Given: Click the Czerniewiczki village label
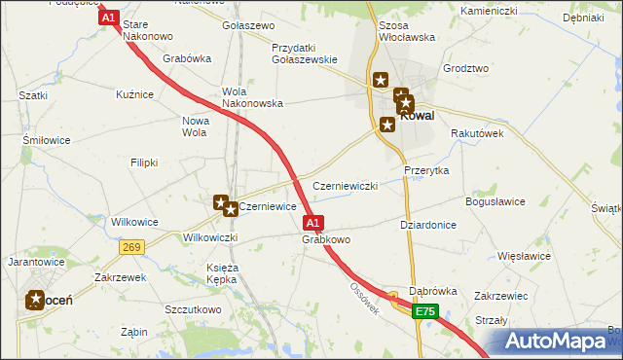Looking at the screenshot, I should pos(344,186).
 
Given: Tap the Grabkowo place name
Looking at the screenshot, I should pos(326,239).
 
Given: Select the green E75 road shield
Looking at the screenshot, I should pos(424,311).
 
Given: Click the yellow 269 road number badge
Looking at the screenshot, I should pos(133,248).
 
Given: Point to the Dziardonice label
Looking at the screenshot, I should pos(428,224).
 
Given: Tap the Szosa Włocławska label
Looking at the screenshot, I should pos(404,30).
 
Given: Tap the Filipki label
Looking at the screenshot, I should pos(144,162).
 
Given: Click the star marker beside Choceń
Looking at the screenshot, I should pos(36,301).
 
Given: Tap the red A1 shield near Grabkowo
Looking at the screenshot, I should pos(313,222).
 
